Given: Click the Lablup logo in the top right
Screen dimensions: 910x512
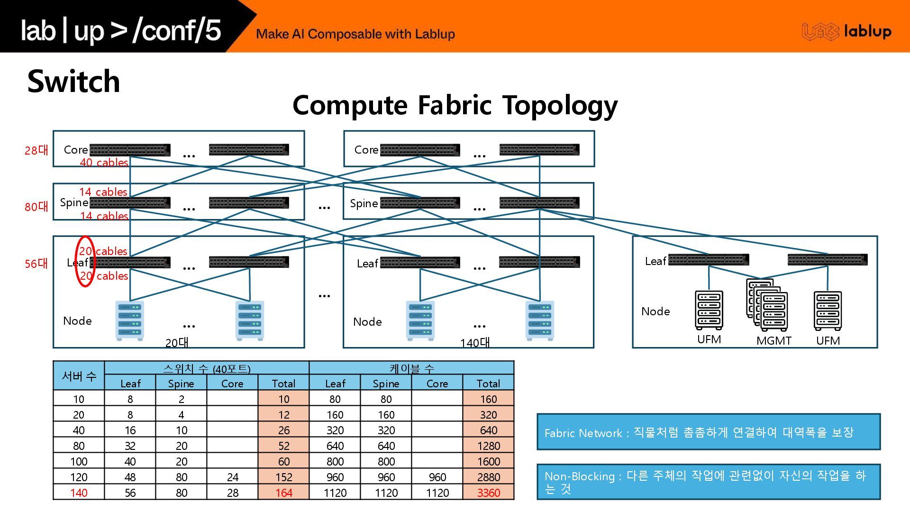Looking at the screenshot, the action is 846,32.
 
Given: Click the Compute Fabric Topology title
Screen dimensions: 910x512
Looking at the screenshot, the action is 455,105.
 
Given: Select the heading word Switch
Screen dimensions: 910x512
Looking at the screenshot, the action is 74,81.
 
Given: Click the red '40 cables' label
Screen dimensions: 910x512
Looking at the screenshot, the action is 104,163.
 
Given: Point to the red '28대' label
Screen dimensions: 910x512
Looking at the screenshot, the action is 36,150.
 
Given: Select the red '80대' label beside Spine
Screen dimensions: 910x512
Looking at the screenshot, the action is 36,207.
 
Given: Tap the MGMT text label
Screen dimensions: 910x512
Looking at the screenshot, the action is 773,341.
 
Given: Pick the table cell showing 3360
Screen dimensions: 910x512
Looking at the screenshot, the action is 488,493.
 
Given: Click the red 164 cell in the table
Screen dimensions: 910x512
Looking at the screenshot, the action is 283,493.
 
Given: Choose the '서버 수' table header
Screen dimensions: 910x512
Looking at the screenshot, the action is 79,376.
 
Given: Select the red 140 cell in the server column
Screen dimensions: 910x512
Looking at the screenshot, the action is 79,493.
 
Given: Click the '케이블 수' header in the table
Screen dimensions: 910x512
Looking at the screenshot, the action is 411,368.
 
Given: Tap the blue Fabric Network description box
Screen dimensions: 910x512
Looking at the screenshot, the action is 708,432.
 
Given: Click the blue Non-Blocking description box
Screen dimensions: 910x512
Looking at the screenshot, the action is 708,482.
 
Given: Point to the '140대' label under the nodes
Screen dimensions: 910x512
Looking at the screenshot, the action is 475,343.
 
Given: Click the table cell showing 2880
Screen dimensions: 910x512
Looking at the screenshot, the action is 488,477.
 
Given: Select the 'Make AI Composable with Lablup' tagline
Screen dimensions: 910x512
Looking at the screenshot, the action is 355,34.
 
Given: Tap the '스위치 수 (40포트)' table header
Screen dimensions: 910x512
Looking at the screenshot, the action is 207,368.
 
